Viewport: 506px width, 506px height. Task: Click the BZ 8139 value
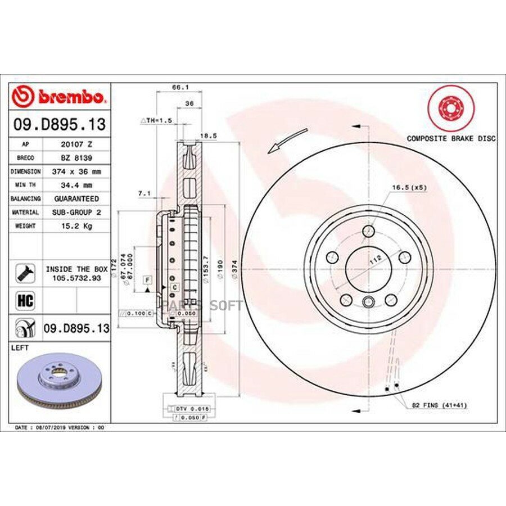click(76, 157)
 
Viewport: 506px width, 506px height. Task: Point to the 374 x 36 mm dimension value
click(76, 171)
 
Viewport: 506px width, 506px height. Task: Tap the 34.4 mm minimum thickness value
click(76, 185)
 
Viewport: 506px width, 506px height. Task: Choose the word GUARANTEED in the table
click(76, 198)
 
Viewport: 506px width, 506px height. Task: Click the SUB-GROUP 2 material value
click(76, 213)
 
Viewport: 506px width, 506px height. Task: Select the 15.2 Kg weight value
click(76, 226)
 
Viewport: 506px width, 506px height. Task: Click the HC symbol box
click(26, 301)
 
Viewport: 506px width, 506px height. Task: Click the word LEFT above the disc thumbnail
click(20, 349)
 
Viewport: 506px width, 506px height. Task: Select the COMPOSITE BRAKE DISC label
click(451, 138)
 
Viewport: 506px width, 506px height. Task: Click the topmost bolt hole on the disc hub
click(368, 231)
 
